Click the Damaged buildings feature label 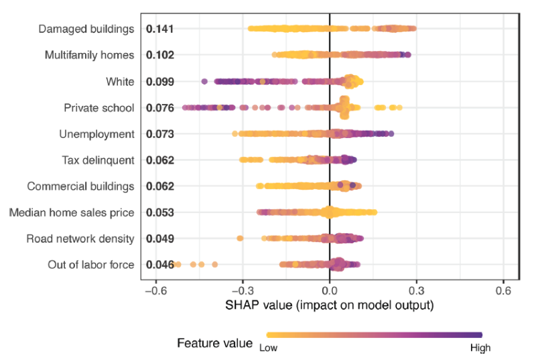tap(86, 29)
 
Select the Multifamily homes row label tap(90, 55)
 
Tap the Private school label tap(99, 108)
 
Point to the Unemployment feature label tap(96, 134)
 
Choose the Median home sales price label tap(72, 213)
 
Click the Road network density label tap(80, 239)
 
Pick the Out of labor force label tap(91, 265)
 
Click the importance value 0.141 tap(160, 29)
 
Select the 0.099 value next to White tap(160, 82)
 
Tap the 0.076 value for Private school tap(160, 108)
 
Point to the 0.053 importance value tap(160, 213)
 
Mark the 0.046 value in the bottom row tap(160, 265)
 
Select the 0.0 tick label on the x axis tap(330, 291)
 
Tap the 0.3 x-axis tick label tap(417, 291)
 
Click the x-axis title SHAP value tap(330, 306)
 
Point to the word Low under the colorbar tap(268, 348)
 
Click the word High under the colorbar tap(480, 348)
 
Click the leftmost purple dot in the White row tap(204, 82)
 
